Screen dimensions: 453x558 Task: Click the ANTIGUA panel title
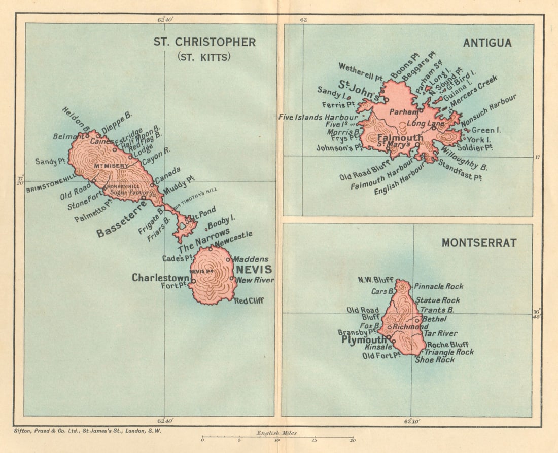[487, 43]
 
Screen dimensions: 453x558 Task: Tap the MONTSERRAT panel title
[479, 243]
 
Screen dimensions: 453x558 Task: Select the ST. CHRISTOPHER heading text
[204, 42]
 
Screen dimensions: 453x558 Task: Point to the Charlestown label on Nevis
[160, 278]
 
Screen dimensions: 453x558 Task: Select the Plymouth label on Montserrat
[364, 340]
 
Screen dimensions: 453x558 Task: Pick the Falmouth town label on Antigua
[392, 138]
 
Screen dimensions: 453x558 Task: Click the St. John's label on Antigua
[356, 90]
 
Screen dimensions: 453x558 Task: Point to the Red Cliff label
[250, 300]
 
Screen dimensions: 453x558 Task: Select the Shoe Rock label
[435, 360]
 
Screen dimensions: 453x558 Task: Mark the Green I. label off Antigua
[486, 130]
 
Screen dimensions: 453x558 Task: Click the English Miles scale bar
[277, 438]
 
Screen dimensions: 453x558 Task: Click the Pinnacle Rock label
[438, 286]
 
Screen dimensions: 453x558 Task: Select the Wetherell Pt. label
[360, 72]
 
